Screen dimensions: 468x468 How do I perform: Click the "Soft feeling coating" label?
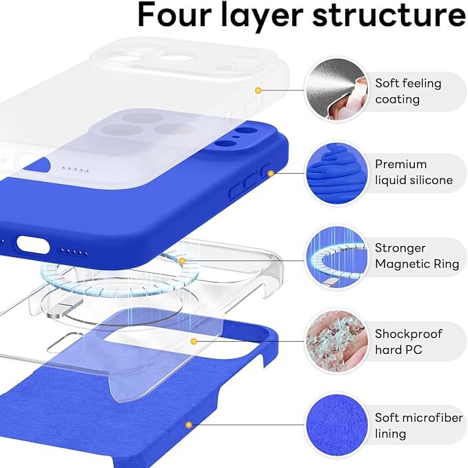408,91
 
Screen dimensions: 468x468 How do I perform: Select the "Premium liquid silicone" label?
414,172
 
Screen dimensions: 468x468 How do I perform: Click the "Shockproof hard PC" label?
409,341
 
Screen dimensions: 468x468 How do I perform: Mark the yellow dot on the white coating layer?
258,90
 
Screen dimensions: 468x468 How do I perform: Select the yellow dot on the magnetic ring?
182,261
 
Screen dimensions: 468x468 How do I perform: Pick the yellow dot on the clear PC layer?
194,340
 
